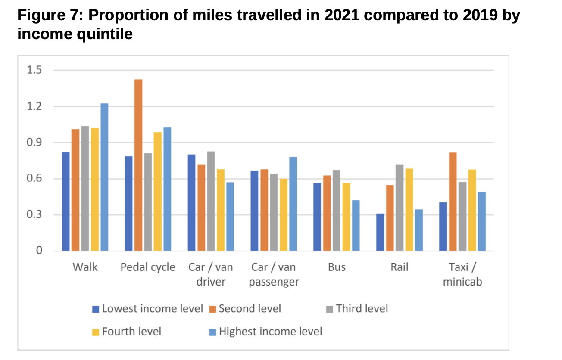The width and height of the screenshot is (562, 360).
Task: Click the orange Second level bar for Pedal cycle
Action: coord(138,165)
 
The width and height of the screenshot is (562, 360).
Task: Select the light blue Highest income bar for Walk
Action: coord(104,177)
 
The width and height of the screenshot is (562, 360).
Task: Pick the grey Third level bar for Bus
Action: coord(337,210)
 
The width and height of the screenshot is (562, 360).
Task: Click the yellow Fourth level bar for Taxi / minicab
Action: coord(472,210)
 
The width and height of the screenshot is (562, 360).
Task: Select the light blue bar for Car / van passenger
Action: coord(293,204)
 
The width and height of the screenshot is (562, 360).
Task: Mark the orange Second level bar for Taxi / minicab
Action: coord(453,202)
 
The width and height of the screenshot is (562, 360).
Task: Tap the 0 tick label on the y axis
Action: coord(39,251)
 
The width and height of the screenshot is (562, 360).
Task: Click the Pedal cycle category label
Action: coord(148,267)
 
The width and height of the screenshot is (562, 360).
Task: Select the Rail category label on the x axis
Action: coord(399,267)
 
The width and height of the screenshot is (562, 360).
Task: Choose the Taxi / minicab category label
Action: coord(462,275)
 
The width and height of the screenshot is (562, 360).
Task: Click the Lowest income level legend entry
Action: coord(152,309)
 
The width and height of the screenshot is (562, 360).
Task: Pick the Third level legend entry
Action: coord(362,309)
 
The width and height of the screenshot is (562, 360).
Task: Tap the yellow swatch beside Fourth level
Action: coord(96,332)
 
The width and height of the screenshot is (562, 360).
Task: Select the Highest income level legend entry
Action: coord(270,332)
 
